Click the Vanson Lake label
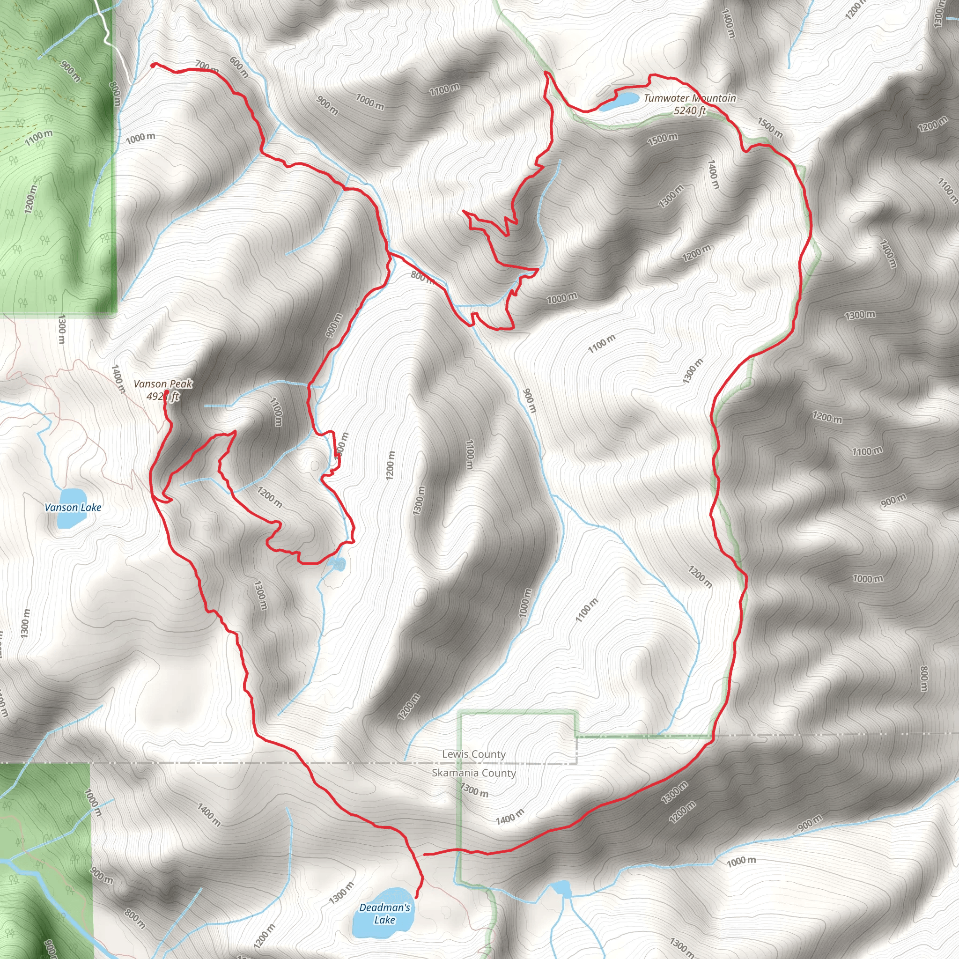coord(73,507)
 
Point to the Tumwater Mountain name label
coord(689,98)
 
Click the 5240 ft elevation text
coord(689,111)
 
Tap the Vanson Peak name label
coord(163,384)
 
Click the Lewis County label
coord(473,754)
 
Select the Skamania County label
coord(473,773)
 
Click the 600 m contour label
coord(239,67)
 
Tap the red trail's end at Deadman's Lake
coord(415,897)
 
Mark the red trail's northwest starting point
coord(152,65)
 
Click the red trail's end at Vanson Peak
coord(166,391)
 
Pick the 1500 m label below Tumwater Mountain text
coord(662,139)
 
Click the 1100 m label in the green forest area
coord(39,137)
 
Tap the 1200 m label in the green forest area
coord(30,199)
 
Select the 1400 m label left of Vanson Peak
coord(118,379)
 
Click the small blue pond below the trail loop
coord(338,564)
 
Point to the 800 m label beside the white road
coord(115,93)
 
